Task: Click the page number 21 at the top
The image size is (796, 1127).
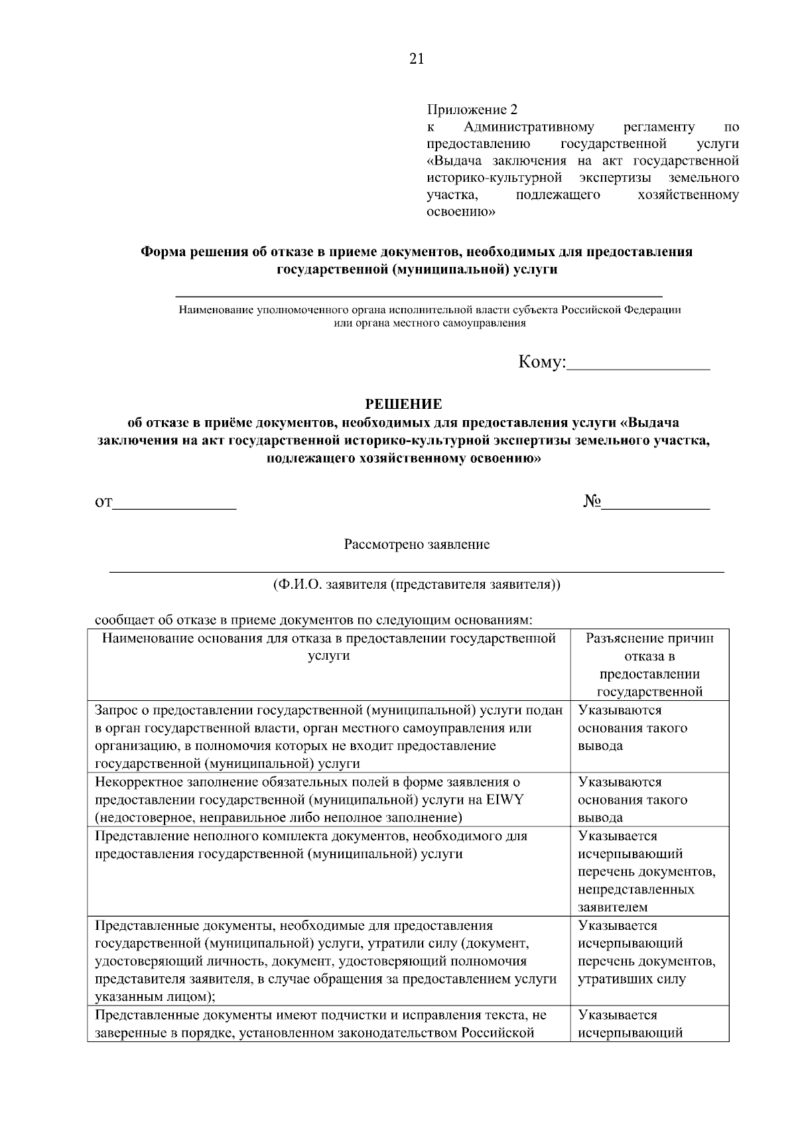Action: pos(416,59)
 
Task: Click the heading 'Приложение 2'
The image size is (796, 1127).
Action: pos(471,109)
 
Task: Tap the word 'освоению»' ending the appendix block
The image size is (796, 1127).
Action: pos(460,212)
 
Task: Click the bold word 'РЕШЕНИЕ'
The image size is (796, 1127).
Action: pos(404,404)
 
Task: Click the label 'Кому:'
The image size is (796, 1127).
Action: pos(541,362)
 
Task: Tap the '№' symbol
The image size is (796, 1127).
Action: pos(592,502)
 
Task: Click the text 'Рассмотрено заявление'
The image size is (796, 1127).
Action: pos(417,545)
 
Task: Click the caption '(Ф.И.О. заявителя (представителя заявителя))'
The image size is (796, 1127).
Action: pos(417,585)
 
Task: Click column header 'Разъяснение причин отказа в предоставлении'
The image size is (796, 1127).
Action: pos(649,664)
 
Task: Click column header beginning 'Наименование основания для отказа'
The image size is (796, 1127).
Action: pos(328,646)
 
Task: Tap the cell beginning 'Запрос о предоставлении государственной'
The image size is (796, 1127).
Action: pos(329,736)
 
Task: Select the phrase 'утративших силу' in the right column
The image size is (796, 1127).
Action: pos(631,979)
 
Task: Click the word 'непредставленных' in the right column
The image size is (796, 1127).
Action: pos(635,889)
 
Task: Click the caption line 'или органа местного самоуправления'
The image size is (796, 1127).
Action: pos(429,323)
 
